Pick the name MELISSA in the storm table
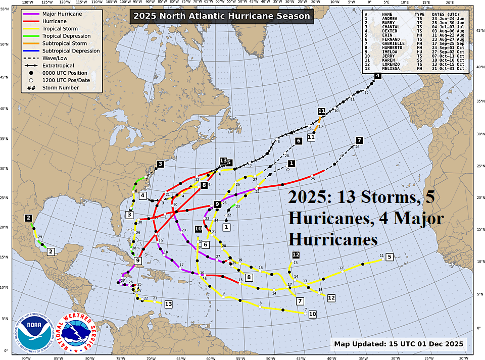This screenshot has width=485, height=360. point(391,68)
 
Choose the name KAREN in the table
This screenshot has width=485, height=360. point(389,60)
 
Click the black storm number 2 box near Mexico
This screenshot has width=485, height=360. point(29,218)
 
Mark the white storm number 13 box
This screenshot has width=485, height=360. point(168,304)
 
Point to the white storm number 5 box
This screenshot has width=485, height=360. point(389,257)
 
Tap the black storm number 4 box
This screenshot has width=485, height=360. point(377,76)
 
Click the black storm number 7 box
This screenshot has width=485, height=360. point(359,140)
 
